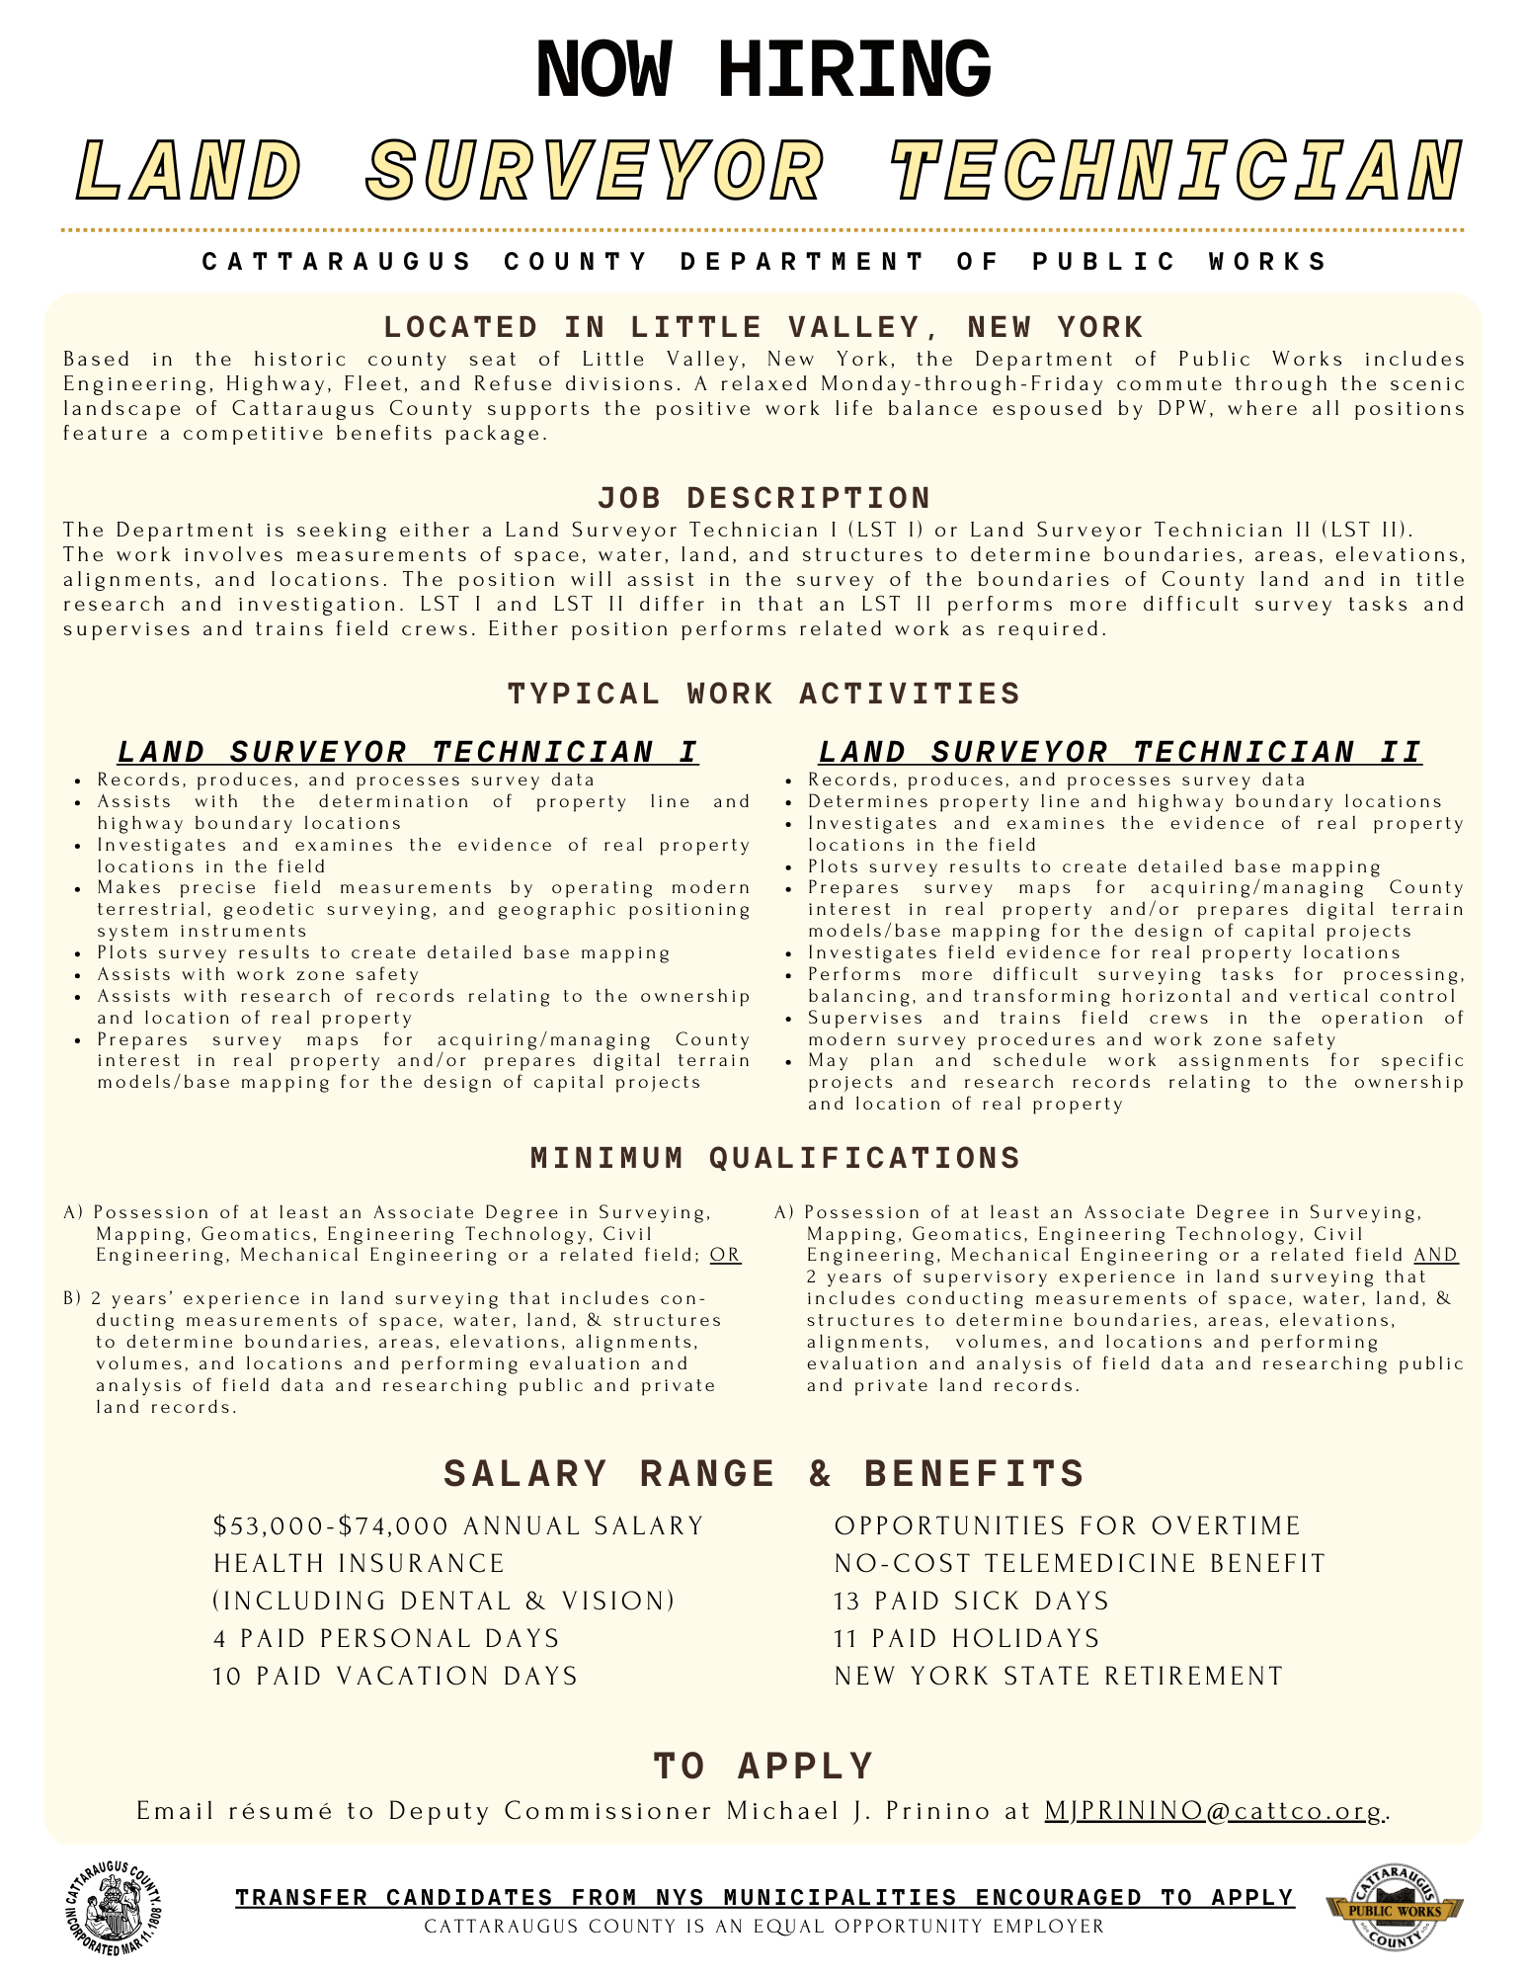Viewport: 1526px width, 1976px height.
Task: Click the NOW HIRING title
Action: pos(763,69)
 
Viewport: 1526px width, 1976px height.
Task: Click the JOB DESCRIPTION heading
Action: pos(763,497)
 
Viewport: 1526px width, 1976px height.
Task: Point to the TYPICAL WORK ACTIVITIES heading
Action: pos(763,694)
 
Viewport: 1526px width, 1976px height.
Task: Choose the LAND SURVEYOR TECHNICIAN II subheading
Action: pos(1120,752)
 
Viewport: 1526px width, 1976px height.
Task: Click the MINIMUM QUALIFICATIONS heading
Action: pos(775,1158)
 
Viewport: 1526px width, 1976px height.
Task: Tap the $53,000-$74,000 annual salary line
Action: pos(458,1526)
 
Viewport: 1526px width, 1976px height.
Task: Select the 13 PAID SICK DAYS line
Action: pos(972,1601)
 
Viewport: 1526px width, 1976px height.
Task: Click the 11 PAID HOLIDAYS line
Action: pos(967,1638)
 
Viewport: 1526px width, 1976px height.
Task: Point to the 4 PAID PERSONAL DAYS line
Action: pos(386,1638)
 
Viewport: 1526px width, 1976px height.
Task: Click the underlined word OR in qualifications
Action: pos(725,1256)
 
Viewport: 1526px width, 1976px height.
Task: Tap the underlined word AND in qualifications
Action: pos(1435,1256)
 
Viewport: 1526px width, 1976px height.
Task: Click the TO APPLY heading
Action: pos(763,1766)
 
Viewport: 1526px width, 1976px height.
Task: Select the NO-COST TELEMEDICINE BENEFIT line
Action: pos(1080,1563)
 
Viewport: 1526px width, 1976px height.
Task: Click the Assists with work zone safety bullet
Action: pos(258,974)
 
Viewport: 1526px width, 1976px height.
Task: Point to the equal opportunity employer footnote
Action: pos(763,1927)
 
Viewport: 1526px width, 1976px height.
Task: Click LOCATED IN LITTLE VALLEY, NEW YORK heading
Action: pos(763,327)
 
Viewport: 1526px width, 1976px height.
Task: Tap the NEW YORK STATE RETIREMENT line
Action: pos(1059,1676)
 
